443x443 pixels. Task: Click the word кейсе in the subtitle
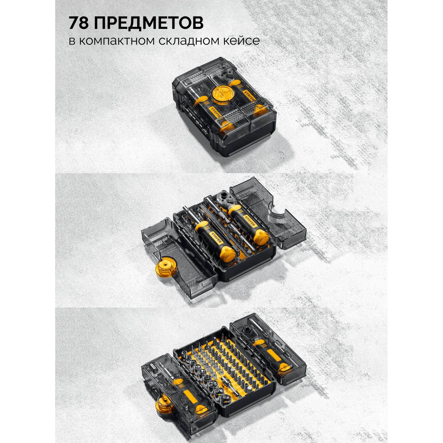(243, 40)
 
